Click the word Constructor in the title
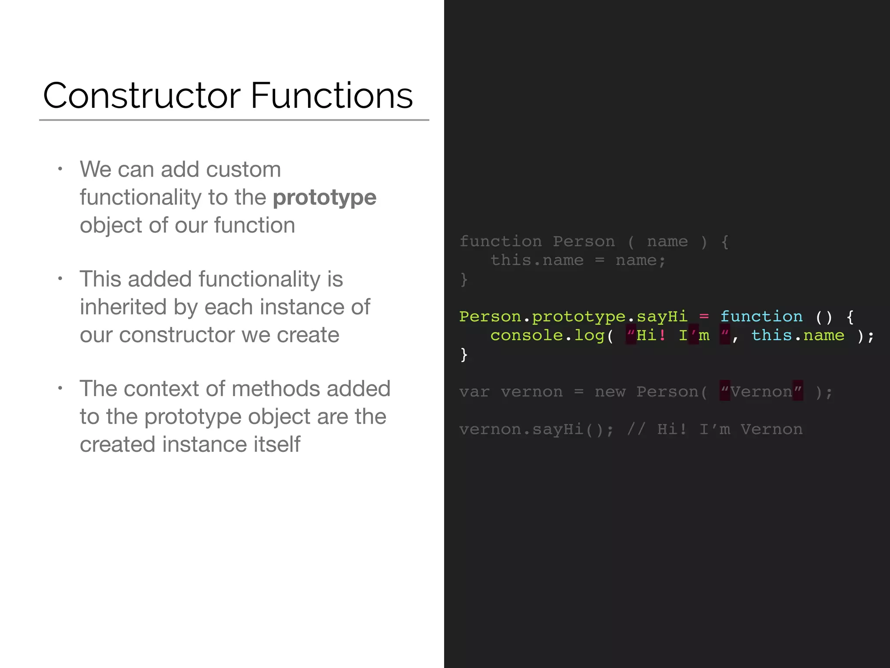pos(142,96)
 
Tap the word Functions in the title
pos(332,96)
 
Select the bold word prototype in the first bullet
pos(324,197)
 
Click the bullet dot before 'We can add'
pos(60,169)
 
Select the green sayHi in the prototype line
pos(662,317)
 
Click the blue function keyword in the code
pos(761,317)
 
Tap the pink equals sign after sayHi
pos(704,317)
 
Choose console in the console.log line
pos(527,335)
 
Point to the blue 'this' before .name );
pos(772,335)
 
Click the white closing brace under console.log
pos(464,354)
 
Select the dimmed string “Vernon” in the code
pos(761,392)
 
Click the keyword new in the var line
pos(610,392)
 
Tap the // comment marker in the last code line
pos(636,430)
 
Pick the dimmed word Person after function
pos(584,241)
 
